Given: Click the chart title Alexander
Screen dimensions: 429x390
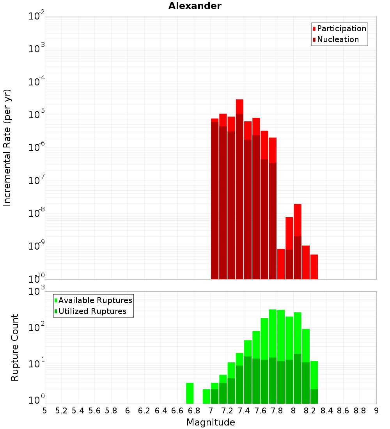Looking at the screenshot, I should point(195,6).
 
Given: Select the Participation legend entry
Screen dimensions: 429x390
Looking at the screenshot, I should point(341,28).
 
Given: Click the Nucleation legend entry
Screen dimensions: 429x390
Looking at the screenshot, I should point(337,39).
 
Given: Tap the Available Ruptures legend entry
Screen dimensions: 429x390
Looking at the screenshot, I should point(95,300).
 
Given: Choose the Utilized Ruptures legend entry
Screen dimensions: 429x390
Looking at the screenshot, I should point(92,311).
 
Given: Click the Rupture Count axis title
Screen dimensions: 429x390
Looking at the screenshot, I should point(15,347).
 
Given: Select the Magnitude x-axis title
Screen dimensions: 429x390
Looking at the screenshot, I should point(211,422).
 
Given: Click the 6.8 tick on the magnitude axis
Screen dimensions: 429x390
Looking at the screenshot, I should point(194,411).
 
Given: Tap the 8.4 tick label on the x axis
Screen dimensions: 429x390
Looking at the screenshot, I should point(326,411).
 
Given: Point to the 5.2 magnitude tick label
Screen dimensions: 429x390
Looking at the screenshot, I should point(61,411).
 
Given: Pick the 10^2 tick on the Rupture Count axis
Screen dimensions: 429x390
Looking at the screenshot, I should point(37,328).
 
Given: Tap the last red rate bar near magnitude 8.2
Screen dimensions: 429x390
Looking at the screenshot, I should point(314,267).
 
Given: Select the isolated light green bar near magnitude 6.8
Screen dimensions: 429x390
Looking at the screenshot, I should point(190,393).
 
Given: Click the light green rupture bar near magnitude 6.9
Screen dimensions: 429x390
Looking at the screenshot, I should point(206,396).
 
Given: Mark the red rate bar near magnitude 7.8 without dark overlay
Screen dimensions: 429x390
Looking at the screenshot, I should point(281,264).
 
